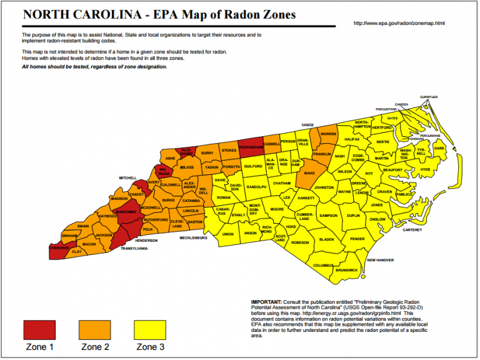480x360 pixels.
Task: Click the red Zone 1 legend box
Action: (39, 329)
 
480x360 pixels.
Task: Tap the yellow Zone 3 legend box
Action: (150, 329)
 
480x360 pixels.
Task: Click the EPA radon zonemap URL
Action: (399, 23)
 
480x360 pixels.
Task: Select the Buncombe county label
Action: (125, 212)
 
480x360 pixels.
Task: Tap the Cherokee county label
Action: (60, 247)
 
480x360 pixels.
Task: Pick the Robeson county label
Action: (300, 242)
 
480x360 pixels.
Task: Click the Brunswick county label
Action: (347, 270)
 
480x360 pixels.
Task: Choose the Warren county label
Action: (328, 134)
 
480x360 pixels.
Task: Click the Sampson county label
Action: (328, 216)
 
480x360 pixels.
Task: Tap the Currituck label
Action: (429, 97)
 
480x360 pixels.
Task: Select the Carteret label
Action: (412, 230)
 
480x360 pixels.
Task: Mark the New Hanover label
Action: (381, 259)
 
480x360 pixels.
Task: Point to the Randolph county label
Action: (256, 187)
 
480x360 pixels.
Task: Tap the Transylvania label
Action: (134, 248)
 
